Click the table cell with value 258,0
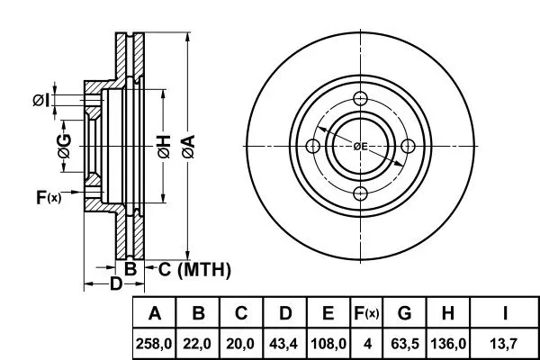point(154,344)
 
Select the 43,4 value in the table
point(283,344)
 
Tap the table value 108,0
point(328,344)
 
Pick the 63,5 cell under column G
point(405,344)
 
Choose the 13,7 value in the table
point(504,344)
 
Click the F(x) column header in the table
point(366,313)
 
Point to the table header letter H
point(447,313)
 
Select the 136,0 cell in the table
point(448,344)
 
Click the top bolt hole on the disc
point(360,98)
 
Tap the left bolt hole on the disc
point(313,146)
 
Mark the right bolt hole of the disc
point(408,146)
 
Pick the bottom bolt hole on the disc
point(360,193)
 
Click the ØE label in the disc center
point(360,147)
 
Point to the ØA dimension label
point(188,147)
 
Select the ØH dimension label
point(164,147)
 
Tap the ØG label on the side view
point(65,146)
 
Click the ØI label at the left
point(41,100)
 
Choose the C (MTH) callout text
point(194,269)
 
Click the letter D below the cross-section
point(116,283)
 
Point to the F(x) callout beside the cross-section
point(49,197)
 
